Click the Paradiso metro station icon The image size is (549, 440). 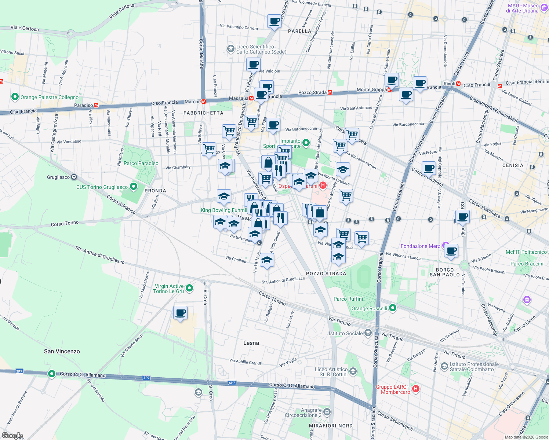(96, 105)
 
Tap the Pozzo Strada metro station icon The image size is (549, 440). (330, 92)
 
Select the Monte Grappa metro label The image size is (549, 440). (371, 89)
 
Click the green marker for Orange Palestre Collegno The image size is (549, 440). (15, 97)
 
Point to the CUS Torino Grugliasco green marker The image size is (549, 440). (134, 187)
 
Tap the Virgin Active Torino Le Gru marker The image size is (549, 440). (189, 288)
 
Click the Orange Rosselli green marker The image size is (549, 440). (393, 308)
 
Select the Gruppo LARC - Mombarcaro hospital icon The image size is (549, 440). (415, 389)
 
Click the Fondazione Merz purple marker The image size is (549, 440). (446, 245)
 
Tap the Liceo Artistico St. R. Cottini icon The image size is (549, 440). (353, 371)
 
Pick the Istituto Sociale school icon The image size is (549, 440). (368, 333)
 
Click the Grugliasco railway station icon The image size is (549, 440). (74, 177)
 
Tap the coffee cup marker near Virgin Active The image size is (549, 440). (180, 313)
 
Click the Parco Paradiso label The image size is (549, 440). (141, 163)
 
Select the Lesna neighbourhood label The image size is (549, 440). (251, 343)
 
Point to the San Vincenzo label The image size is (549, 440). (62, 351)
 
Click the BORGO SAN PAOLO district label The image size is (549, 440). (444, 272)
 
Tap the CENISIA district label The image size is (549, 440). (513, 165)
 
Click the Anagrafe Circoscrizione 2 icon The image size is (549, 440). (327, 412)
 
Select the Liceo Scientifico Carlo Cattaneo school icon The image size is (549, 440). (230, 48)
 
